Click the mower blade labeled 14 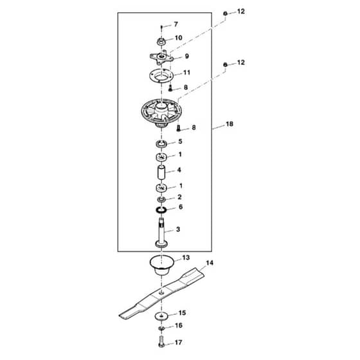click(x=161, y=293)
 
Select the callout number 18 click(x=230, y=124)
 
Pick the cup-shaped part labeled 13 click(x=162, y=265)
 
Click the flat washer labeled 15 click(x=162, y=316)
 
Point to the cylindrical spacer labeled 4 click(x=162, y=172)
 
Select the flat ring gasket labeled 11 click(x=162, y=76)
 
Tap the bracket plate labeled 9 click(x=161, y=57)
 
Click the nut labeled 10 click(x=161, y=42)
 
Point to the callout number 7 click(x=176, y=24)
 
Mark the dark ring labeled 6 click(x=161, y=210)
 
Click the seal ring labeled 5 click(x=161, y=144)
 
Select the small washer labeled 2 click(x=161, y=199)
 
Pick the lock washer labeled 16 click(x=161, y=328)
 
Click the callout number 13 click(x=186, y=258)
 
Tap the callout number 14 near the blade click(x=210, y=263)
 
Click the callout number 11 click(x=186, y=73)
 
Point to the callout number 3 click(x=178, y=229)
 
